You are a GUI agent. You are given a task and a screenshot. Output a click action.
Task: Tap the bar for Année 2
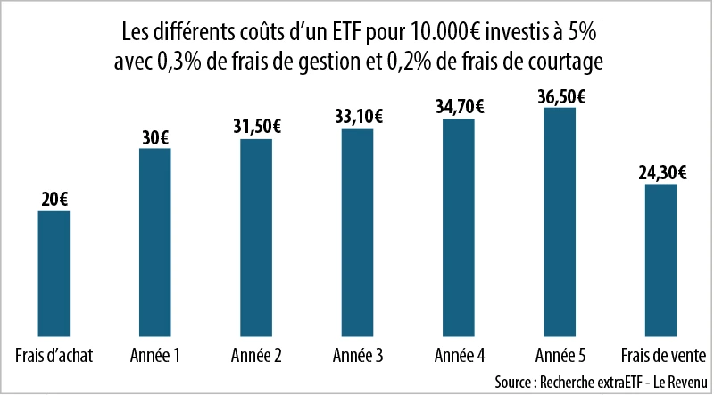pyautogui.click(x=256, y=235)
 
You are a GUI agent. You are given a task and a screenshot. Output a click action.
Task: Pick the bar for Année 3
pyautogui.click(x=357, y=231)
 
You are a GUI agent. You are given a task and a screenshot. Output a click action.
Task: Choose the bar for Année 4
pyautogui.click(x=458, y=226)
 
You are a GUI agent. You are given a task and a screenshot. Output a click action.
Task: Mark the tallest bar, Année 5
pyautogui.click(x=560, y=220)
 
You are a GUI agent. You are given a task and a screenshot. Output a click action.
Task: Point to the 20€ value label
pyautogui.click(x=54, y=199)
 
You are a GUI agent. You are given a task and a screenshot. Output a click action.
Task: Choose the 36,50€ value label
pyautogui.click(x=560, y=95)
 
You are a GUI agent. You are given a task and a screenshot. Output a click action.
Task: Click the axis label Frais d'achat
pyautogui.click(x=54, y=354)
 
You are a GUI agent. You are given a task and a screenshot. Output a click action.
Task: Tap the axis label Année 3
pyautogui.click(x=357, y=354)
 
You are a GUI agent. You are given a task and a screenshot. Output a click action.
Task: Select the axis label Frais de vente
pyautogui.click(x=660, y=354)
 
